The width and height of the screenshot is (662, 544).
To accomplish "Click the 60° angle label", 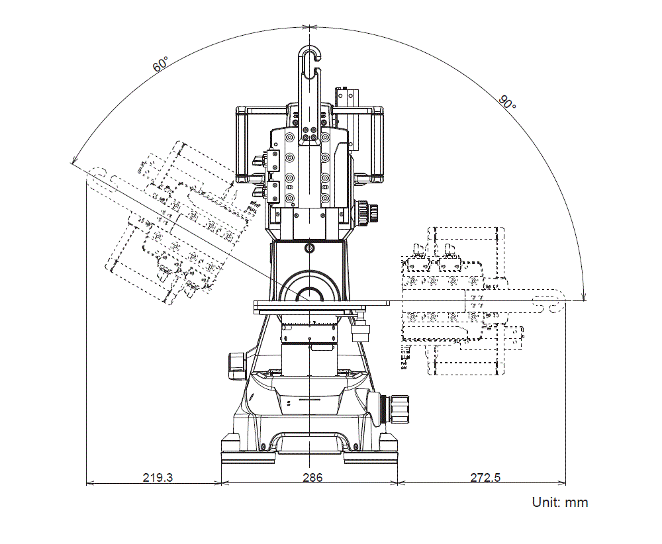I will point(160,64).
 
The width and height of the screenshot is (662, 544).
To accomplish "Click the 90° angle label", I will point(507,102).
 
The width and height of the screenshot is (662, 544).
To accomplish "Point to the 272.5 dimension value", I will point(485,477).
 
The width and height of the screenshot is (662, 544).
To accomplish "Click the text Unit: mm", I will point(559,502).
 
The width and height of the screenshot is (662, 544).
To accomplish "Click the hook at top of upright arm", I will point(309,56).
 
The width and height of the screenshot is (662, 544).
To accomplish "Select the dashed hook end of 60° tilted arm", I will point(96,174).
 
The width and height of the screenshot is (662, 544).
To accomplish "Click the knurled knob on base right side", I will point(399,408).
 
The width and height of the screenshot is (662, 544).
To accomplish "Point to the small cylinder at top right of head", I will point(346,94).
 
